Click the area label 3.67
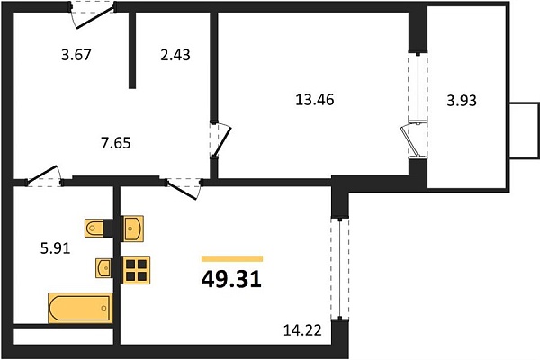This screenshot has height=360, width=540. click(76, 55)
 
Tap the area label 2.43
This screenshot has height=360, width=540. click(175, 55)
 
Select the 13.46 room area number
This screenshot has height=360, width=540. click(315, 100)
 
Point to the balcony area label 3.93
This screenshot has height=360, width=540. click(462, 101)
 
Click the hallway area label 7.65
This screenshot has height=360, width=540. click(116, 143)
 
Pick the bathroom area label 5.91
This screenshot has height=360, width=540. click(56, 248)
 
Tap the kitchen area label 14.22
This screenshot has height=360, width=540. click(302, 330)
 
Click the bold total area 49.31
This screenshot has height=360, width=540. click(231, 279)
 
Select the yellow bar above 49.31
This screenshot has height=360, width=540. click(232, 258)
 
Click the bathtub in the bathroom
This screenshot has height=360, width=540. click(80, 308)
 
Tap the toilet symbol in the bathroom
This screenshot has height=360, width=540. click(94, 228)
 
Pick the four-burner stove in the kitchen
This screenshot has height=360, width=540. click(137, 270)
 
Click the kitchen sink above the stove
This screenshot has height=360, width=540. click(133, 229)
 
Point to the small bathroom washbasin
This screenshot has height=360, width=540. click(103, 267)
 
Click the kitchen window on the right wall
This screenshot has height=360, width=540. click(340, 269)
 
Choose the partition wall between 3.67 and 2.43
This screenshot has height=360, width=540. click(132, 50)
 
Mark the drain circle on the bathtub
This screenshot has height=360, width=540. click(104, 308)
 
